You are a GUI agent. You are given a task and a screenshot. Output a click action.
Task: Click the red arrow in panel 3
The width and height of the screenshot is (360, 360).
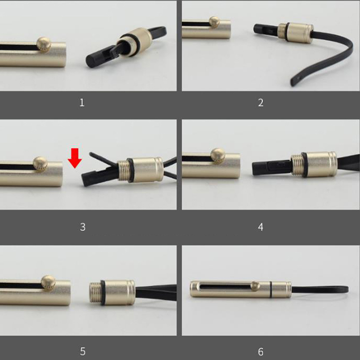75,158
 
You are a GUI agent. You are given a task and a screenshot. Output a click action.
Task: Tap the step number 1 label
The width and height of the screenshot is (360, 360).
82,103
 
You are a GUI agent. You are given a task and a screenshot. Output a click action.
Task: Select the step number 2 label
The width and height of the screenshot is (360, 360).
261,103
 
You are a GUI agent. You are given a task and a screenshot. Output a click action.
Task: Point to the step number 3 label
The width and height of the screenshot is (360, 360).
83,227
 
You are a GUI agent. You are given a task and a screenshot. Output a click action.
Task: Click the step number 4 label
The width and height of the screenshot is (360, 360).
261,227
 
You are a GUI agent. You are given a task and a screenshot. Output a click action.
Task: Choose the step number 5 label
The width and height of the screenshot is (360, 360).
83,351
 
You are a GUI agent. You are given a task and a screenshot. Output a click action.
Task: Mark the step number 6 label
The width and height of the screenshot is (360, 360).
261,352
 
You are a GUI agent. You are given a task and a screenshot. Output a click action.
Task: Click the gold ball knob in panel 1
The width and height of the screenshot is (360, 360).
44,44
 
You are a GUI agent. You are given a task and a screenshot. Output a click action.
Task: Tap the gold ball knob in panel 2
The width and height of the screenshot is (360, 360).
214,22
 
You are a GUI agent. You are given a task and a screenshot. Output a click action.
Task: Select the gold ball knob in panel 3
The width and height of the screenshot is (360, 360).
40,164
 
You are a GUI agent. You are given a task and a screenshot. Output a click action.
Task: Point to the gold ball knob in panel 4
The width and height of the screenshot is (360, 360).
218,155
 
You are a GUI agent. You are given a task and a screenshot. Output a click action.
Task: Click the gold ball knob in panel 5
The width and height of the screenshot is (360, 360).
48,283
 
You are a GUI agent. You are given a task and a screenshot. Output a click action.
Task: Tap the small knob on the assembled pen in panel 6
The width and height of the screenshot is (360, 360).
255,286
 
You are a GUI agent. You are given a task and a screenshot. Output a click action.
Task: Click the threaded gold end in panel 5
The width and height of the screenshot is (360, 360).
95,292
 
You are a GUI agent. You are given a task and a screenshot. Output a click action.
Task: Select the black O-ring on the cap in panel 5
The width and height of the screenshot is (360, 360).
103,292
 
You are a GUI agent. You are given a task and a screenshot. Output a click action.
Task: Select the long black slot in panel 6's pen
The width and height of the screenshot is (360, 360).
226,286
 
